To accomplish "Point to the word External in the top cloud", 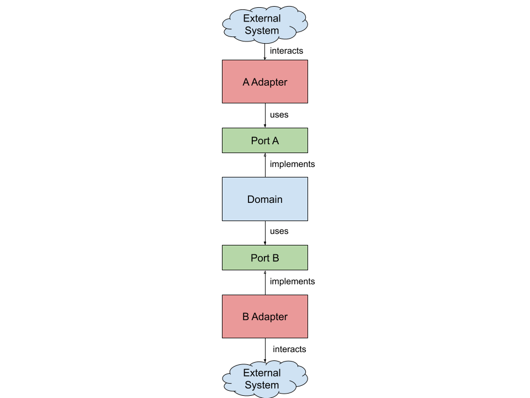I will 262,19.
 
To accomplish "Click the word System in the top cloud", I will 262,31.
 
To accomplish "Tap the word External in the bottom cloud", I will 262,373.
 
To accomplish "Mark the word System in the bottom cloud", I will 262,385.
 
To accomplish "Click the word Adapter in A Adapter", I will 269,82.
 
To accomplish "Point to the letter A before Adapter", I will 246,82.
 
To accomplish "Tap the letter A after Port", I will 275,141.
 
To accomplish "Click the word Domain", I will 265,200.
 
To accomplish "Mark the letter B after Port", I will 275,258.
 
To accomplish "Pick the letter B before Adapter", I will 246,317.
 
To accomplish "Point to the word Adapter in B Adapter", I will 269,317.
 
